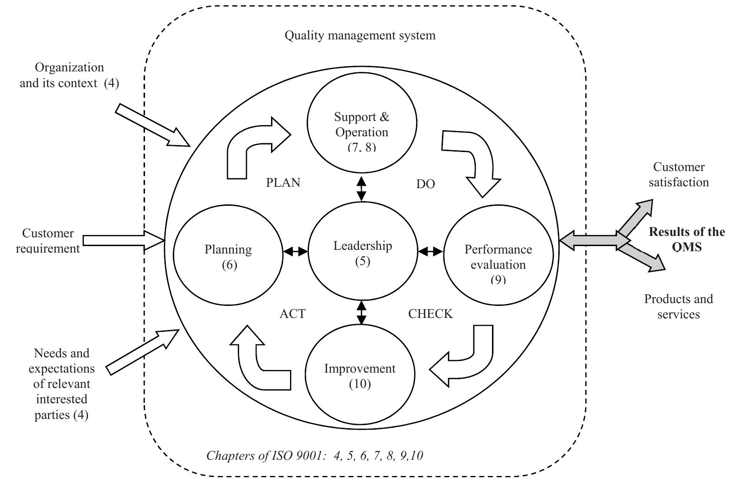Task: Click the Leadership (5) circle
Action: (x=362, y=254)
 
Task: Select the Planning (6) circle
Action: (x=228, y=256)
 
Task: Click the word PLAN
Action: (x=283, y=183)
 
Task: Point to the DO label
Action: (x=425, y=184)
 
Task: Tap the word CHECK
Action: (x=430, y=314)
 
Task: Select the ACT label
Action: (x=292, y=314)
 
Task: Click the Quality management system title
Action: (x=360, y=35)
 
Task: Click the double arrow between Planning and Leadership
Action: (x=296, y=252)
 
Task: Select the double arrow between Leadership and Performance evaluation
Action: (x=430, y=252)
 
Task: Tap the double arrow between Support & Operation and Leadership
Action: (x=361, y=188)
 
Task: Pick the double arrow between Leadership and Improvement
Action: (x=361, y=312)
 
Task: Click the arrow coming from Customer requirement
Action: (x=123, y=240)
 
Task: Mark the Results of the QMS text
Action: (x=687, y=239)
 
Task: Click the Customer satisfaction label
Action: (x=678, y=174)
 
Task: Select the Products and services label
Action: (x=678, y=306)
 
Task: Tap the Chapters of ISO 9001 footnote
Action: (x=315, y=456)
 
